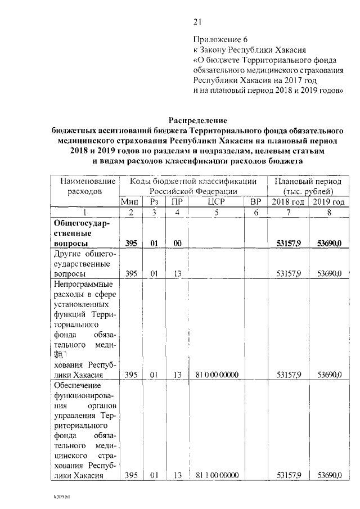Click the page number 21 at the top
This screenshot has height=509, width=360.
[197, 22]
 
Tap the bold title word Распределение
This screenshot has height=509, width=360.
[197, 120]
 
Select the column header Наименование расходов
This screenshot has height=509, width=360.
[84, 187]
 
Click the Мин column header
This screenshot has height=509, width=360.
[131, 202]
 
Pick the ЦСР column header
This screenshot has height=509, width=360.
[217, 202]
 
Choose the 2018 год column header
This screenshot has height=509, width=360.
[289, 202]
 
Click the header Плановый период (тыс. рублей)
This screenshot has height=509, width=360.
[308, 187]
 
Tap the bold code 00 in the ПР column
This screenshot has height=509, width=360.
[178, 243]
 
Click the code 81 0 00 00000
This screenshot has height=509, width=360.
[217, 375]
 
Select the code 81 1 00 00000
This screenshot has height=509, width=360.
[217, 476]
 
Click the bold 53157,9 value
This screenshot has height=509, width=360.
[289, 243]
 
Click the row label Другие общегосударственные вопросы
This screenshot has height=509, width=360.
[82, 263]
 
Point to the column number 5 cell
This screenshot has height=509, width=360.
[217, 212]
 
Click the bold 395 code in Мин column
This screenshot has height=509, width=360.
[131, 243]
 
